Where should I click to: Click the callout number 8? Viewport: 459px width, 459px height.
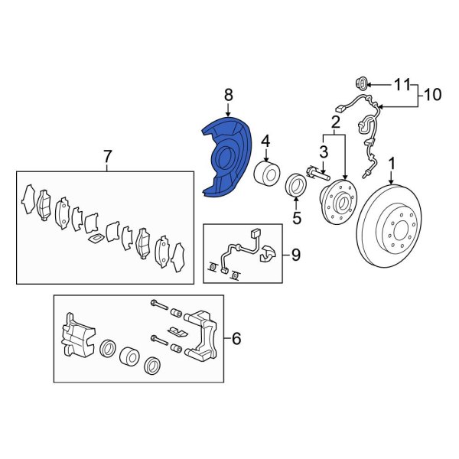click(227, 95)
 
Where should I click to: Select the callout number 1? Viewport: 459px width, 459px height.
click(393, 163)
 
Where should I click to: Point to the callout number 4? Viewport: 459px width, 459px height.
click(265, 141)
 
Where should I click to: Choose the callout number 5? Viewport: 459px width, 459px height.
click(297, 219)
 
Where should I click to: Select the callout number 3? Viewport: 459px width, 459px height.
click(324, 154)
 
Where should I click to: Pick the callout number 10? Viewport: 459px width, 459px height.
click(432, 95)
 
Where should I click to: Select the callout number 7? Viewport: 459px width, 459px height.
click(107, 158)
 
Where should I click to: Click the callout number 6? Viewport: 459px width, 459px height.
click(236, 337)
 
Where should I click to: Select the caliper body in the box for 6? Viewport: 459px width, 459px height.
click(79, 336)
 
